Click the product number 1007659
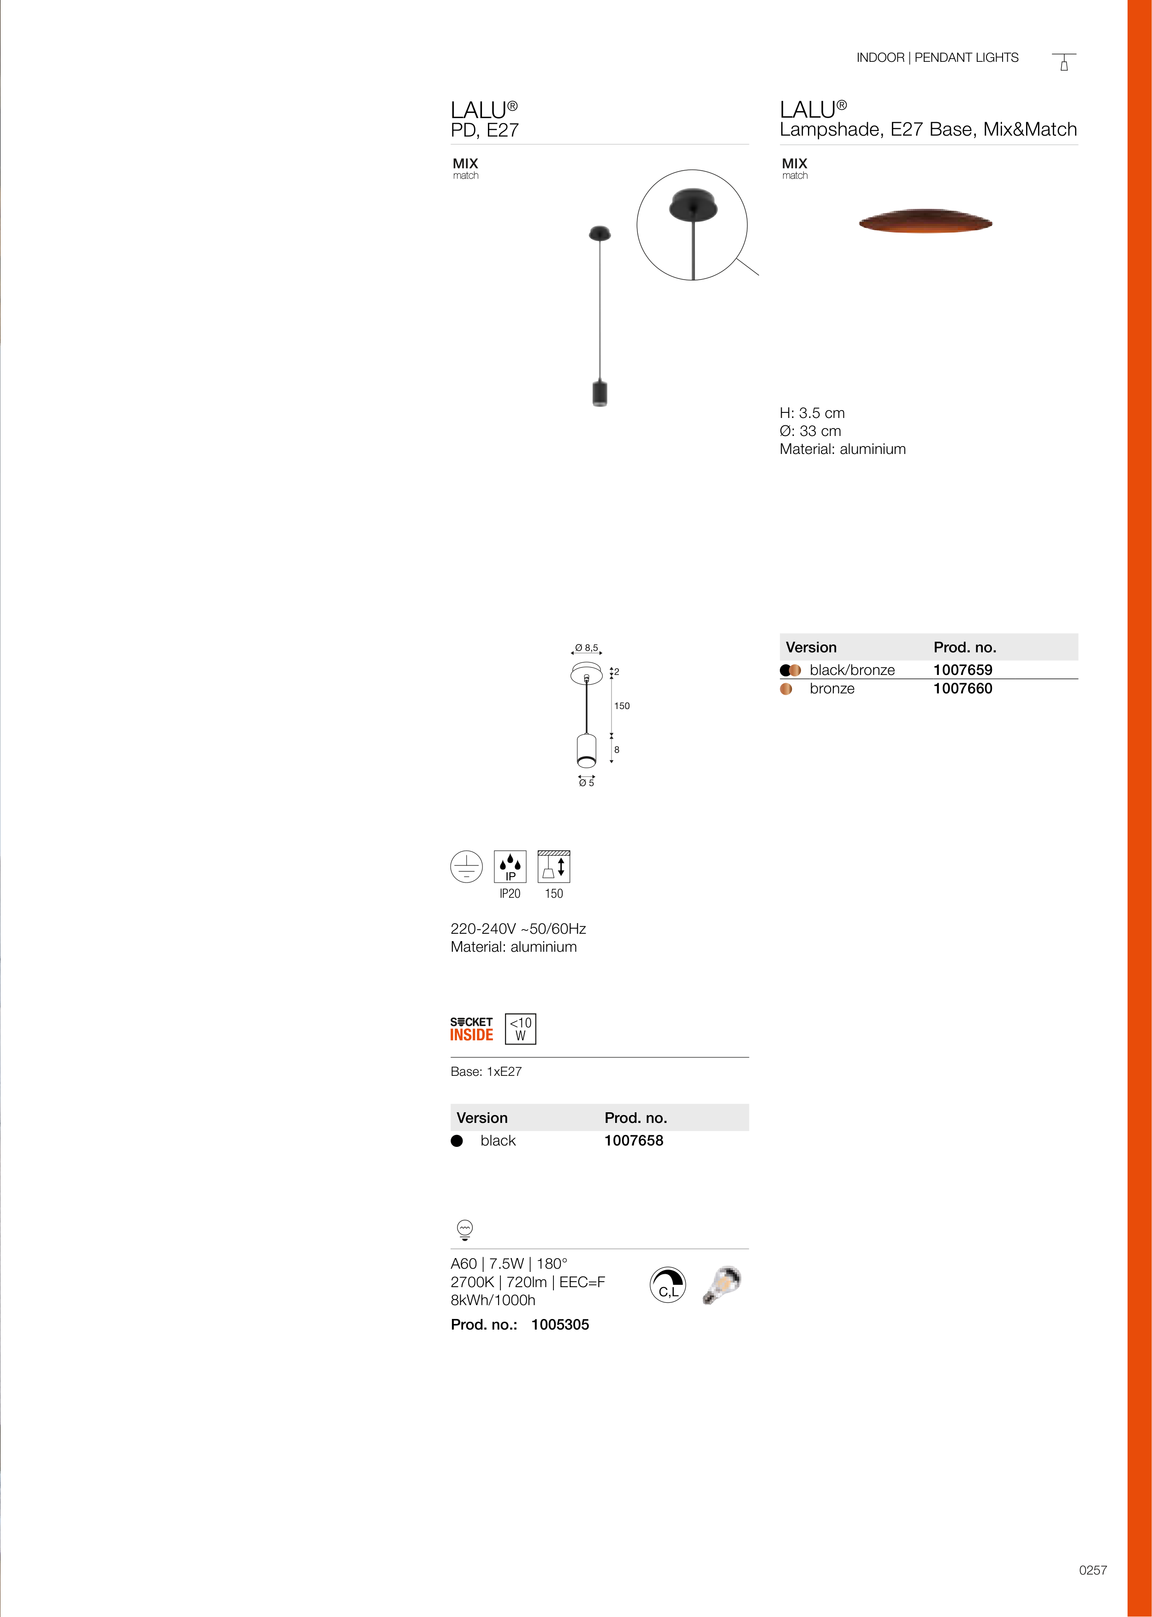[x=962, y=670]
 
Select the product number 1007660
[x=962, y=688]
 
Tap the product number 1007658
[x=634, y=1140]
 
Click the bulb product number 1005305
[x=560, y=1325]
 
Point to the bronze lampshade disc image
[x=925, y=221]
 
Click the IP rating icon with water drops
[x=510, y=866]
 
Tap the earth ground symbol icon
[x=466, y=866]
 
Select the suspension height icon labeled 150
[x=554, y=866]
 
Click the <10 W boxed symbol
[x=521, y=1029]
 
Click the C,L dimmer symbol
[x=668, y=1285]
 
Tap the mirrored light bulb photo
[x=722, y=1284]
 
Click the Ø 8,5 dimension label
[x=587, y=648]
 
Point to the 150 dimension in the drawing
[x=622, y=706]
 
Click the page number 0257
[x=1093, y=1570]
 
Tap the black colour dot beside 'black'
[x=457, y=1141]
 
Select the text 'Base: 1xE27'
[x=486, y=1071]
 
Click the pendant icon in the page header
[x=1064, y=62]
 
